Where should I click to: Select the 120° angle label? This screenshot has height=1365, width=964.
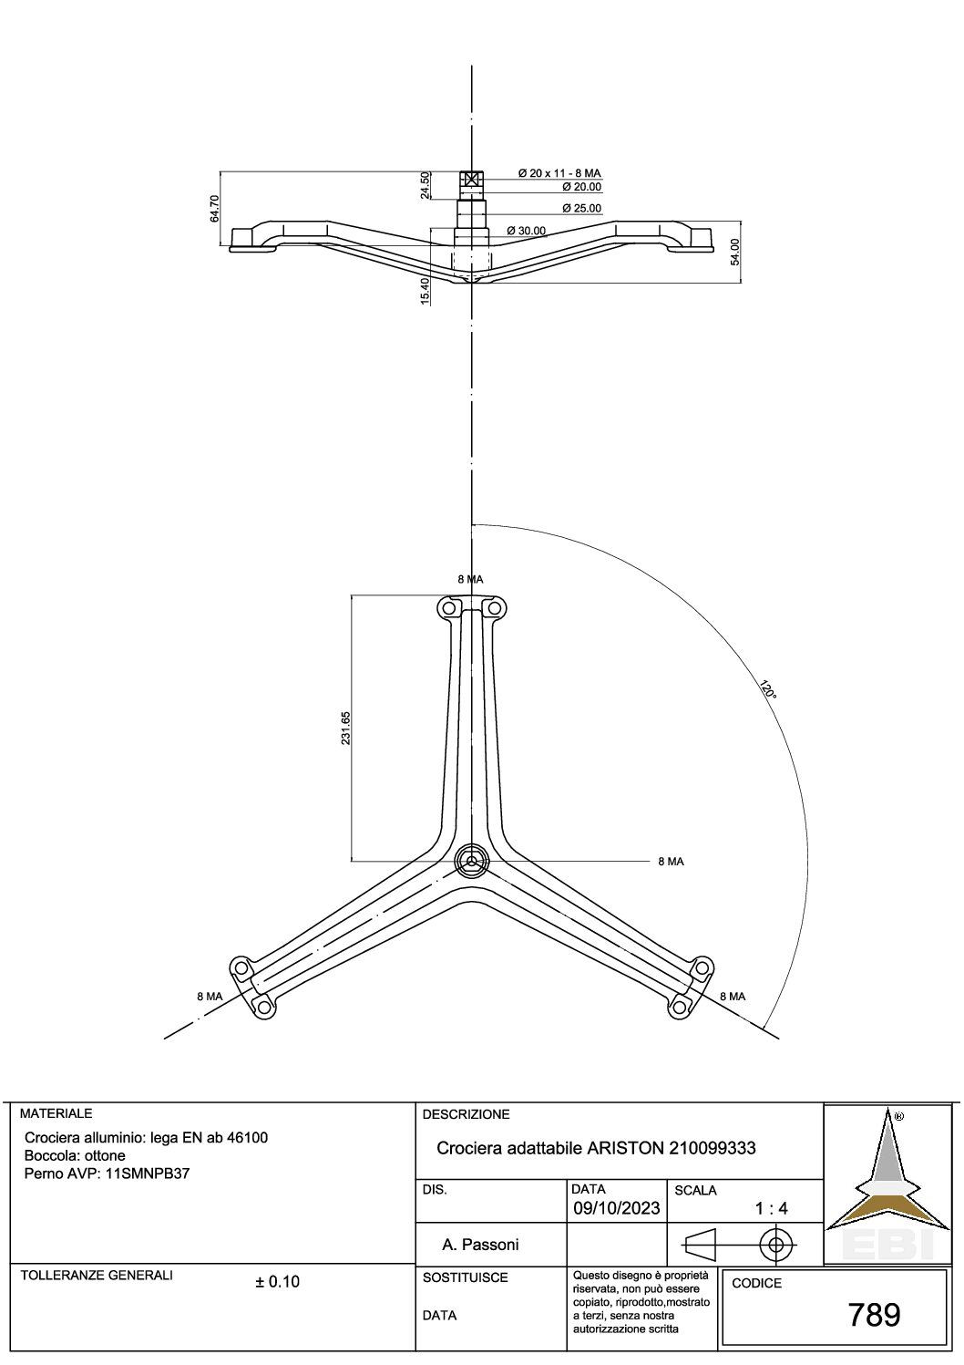click(x=766, y=689)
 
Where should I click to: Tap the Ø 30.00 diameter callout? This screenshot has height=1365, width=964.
click(x=526, y=231)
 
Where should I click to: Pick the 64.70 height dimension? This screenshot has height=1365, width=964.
click(x=214, y=208)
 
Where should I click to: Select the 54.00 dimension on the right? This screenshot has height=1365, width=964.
click(x=735, y=252)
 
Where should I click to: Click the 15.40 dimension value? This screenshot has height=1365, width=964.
click(x=425, y=292)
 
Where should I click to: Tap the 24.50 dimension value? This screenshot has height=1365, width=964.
click(x=425, y=185)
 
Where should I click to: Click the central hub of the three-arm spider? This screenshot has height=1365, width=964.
click(x=471, y=860)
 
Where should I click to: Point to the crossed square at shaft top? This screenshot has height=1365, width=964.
click(x=471, y=179)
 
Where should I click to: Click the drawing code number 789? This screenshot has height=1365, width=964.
click(x=874, y=1315)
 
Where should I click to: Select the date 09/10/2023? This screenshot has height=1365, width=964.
click(x=616, y=1208)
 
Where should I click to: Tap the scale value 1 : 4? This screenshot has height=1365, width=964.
click(x=771, y=1209)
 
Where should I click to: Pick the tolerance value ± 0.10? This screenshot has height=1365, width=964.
click(x=277, y=1282)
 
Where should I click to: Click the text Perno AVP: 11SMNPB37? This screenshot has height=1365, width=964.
click(x=108, y=1174)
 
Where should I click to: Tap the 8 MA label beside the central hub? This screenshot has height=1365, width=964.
click(x=671, y=861)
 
